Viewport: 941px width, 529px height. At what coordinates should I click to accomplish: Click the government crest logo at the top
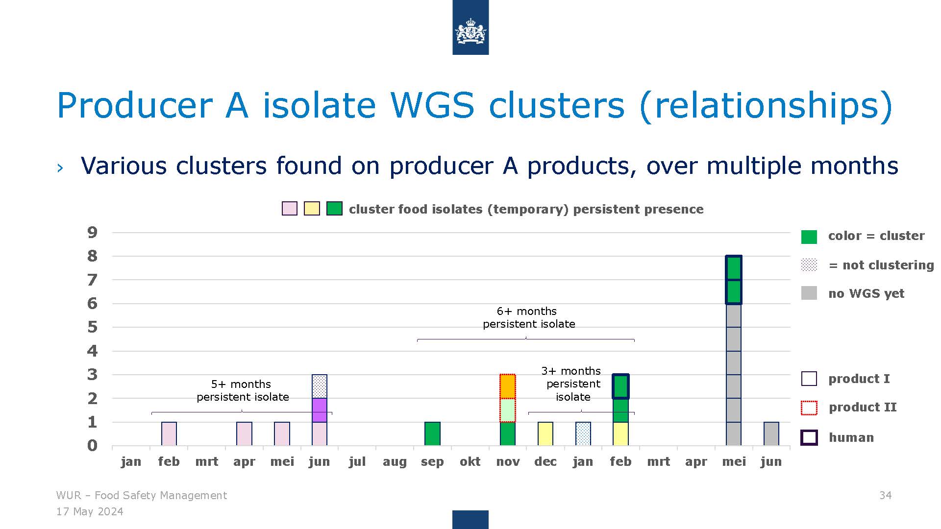470,27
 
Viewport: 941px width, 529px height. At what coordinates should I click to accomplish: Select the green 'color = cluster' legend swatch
809,237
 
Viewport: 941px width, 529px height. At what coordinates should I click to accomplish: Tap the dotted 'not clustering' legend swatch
809,265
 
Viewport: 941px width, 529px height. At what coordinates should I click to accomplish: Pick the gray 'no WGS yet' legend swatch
809,293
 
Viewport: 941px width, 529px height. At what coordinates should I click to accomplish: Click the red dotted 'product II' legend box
809,408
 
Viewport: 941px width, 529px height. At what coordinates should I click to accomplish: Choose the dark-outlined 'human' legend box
809,437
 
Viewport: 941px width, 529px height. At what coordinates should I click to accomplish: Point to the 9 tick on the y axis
92,233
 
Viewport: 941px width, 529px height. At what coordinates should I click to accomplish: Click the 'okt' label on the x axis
470,461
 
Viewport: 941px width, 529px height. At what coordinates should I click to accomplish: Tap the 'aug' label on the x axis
395,462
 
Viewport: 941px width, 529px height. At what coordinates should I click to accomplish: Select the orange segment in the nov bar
508,386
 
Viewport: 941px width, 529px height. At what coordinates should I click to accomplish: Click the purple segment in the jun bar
320,410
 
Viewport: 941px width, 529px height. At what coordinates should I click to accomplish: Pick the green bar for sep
432,433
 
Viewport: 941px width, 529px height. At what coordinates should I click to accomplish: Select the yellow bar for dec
545,433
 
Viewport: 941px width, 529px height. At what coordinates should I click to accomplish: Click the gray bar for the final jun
771,433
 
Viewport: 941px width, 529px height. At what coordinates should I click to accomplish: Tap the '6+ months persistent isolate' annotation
528,317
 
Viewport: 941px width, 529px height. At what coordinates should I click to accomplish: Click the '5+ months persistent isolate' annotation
243,390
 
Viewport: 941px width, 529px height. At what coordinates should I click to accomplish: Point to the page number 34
886,495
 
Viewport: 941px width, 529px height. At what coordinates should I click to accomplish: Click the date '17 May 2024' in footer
90,512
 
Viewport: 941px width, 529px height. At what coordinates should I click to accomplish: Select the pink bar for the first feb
169,433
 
